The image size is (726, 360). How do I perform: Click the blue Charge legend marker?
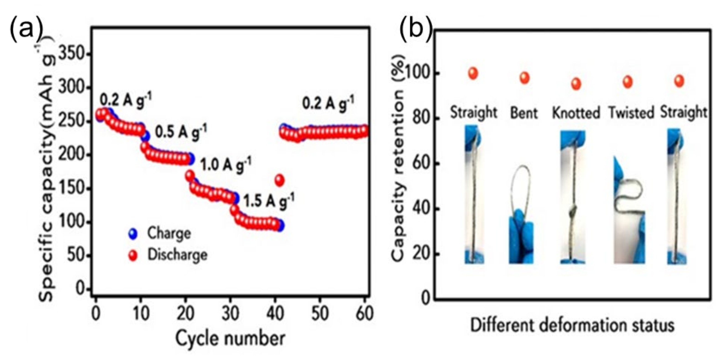pos(132,234)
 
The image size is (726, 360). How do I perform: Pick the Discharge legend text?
pos(177,255)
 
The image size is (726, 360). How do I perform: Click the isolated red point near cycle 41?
pos(280,180)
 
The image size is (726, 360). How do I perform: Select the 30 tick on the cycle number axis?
pos(230,313)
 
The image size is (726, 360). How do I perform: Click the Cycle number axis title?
pos(230,338)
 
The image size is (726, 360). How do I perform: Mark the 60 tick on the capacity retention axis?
pos(421,164)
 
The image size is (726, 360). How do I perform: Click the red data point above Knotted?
pos(576,84)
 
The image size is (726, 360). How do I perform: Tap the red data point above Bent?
pos(524,78)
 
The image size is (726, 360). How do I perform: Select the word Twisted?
pos(631,113)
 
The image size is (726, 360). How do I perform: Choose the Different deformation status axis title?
pos(572,325)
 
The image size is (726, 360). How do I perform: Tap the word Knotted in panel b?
pos(576,113)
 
